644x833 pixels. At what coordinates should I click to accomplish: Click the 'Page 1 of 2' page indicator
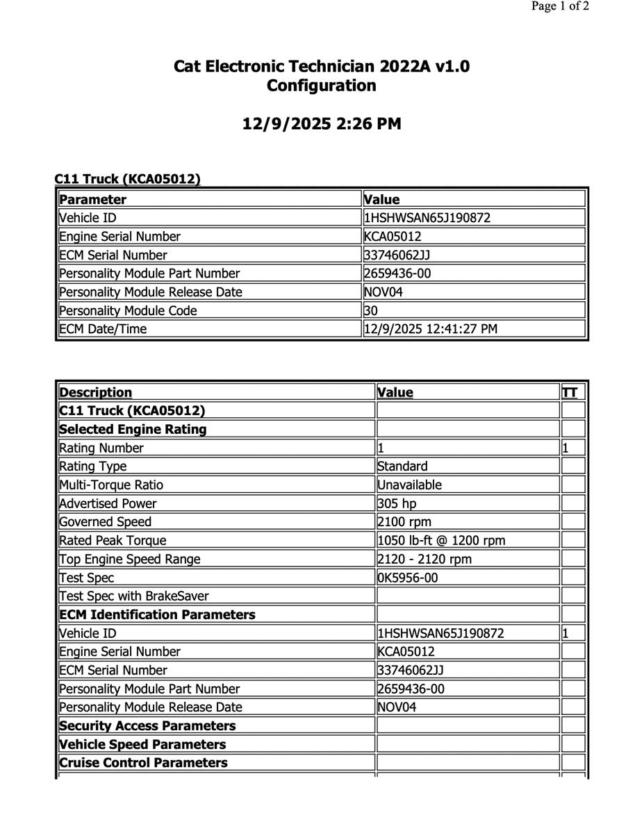point(560,7)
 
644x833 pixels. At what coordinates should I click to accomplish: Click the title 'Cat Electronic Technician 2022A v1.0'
point(322,67)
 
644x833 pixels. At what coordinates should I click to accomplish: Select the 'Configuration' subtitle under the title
point(322,86)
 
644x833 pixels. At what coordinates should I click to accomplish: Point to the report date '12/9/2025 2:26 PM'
point(322,124)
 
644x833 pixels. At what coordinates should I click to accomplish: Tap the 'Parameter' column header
point(93,200)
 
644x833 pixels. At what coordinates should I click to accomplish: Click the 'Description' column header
point(96,392)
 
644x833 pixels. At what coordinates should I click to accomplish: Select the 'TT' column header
point(570,392)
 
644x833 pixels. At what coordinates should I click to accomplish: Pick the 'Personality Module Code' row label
point(129,311)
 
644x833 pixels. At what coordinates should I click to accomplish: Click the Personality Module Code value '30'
point(371,311)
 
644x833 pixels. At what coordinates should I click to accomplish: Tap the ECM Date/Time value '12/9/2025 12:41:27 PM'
point(431,329)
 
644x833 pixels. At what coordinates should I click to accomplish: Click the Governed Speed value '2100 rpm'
point(403,522)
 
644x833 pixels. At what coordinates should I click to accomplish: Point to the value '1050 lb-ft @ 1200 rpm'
point(441,540)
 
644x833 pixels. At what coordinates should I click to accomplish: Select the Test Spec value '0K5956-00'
point(408,578)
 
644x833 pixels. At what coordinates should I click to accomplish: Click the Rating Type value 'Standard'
point(403,466)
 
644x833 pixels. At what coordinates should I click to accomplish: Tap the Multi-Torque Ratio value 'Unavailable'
point(410,485)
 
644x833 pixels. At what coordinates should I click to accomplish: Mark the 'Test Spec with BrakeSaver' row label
point(134,596)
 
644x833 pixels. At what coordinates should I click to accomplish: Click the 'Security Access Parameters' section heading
point(148,726)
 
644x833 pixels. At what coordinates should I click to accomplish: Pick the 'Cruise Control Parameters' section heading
point(144,763)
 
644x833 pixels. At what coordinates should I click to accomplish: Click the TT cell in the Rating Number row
point(572,448)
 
